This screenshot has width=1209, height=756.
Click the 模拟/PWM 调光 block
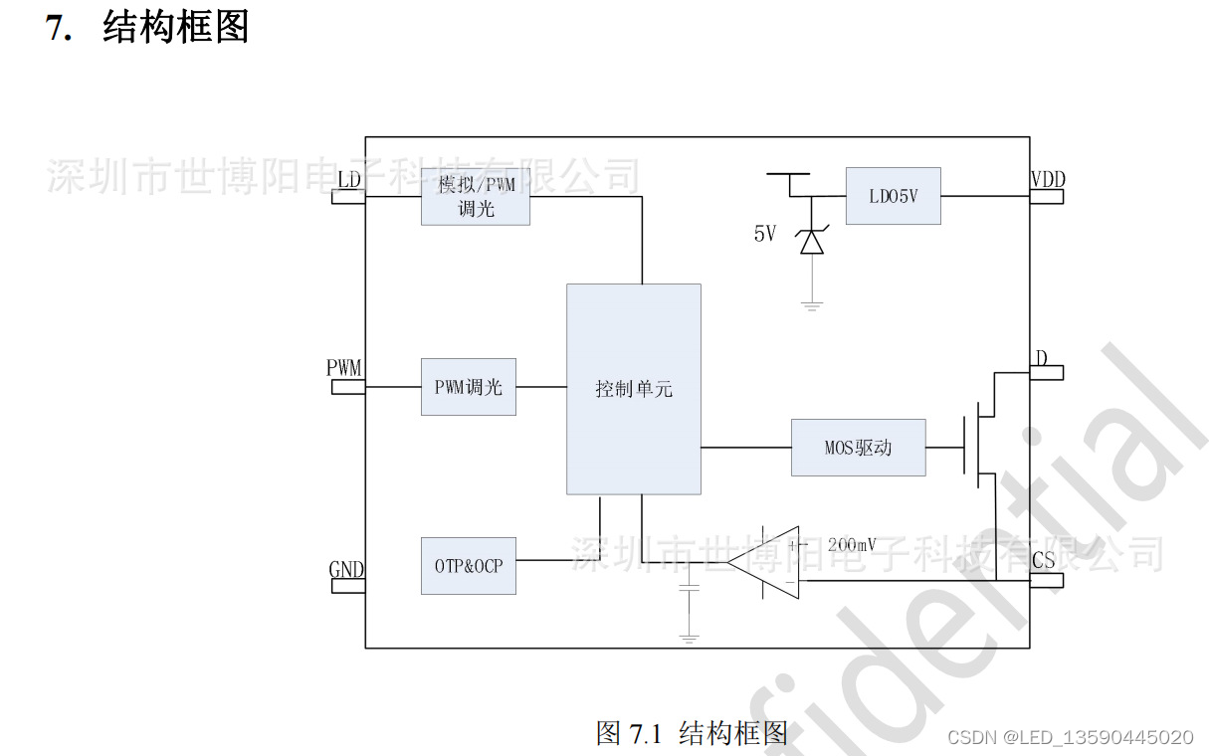(475, 196)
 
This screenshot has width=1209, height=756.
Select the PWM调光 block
(468, 387)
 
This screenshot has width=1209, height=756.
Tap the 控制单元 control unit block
(634, 389)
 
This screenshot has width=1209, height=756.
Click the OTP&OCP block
(468, 566)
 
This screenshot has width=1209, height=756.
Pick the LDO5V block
(893, 196)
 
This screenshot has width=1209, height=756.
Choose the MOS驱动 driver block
(858, 448)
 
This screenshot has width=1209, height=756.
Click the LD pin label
(349, 180)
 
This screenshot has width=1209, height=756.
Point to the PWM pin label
(344, 367)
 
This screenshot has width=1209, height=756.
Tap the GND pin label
(346, 570)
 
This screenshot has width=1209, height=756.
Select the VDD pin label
(1047, 180)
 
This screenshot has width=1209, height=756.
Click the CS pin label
(1043, 561)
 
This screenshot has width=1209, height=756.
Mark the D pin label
(1041, 358)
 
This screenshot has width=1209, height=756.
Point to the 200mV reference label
(851, 545)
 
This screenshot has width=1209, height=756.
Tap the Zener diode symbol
(812, 241)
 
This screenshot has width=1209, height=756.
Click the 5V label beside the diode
(764, 235)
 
